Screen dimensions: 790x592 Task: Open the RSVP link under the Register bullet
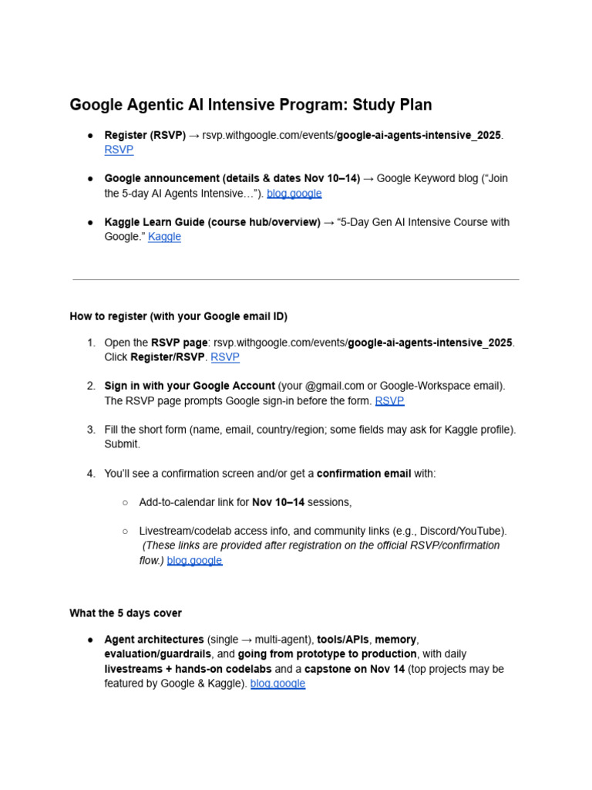click(119, 150)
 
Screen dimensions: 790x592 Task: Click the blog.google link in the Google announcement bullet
click(294, 194)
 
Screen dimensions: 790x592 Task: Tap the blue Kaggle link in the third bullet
click(164, 237)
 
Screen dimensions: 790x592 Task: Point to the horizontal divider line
click(295, 279)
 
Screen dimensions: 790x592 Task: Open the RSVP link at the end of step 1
click(225, 357)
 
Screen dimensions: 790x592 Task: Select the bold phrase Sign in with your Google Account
click(190, 386)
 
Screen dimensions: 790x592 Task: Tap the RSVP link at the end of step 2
click(389, 400)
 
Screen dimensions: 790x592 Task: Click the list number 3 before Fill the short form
click(90, 430)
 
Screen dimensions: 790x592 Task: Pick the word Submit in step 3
click(121, 444)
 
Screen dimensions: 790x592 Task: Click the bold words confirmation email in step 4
click(364, 473)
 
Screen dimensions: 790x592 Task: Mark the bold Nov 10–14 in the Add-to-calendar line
click(278, 502)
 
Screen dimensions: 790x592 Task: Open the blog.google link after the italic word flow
click(194, 560)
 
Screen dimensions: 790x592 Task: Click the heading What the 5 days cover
click(126, 613)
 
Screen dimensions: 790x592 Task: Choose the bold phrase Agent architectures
click(154, 640)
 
